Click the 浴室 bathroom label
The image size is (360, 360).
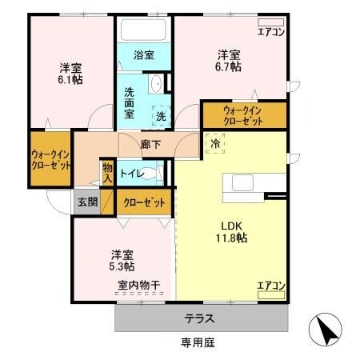pos(144,55)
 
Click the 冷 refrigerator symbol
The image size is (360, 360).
pos(216,144)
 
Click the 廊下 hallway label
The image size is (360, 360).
pos(150,146)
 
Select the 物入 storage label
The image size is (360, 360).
pos(107,172)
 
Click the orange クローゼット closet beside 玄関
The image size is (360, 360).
pos(144,202)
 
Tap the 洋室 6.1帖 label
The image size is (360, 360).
pos(70,73)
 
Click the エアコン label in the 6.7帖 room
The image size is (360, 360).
pos(270,32)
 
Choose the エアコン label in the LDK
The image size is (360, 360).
pos(270,284)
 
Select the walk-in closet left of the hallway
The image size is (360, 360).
pos(50,160)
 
